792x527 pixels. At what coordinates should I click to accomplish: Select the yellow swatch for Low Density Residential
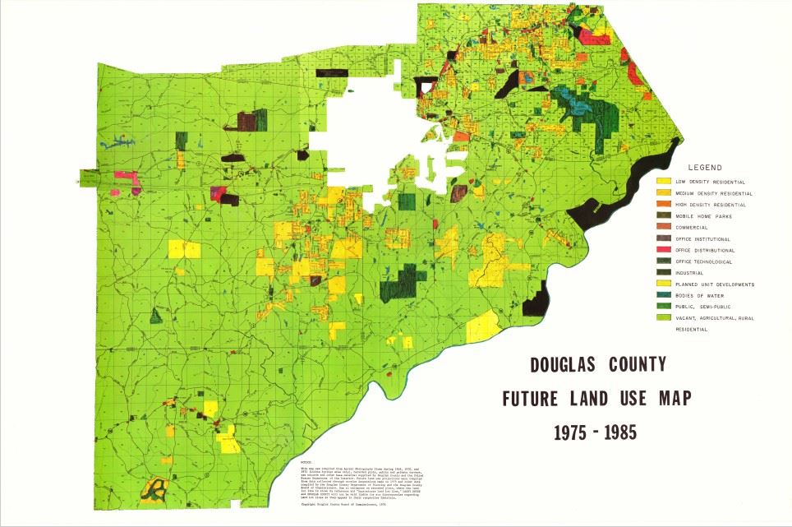pos(663,181)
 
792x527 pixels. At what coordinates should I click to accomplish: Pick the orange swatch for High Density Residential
pos(663,204)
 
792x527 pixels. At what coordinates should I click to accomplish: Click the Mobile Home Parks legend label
pos(703,216)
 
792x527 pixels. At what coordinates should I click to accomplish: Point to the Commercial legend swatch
pos(663,227)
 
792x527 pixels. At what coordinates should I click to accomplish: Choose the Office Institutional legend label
pos(703,239)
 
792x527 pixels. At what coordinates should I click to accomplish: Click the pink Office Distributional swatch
pos(663,250)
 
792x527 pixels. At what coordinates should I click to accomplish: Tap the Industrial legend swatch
pos(663,272)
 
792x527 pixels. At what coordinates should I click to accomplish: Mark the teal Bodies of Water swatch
pos(663,295)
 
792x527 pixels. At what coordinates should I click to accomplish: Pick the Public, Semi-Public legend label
pos(706,307)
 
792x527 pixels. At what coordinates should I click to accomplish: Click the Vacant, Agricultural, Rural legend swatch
pos(663,317)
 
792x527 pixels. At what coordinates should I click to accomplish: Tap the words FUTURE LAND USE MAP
pos(596,399)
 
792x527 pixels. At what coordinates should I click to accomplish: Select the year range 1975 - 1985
pos(596,431)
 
